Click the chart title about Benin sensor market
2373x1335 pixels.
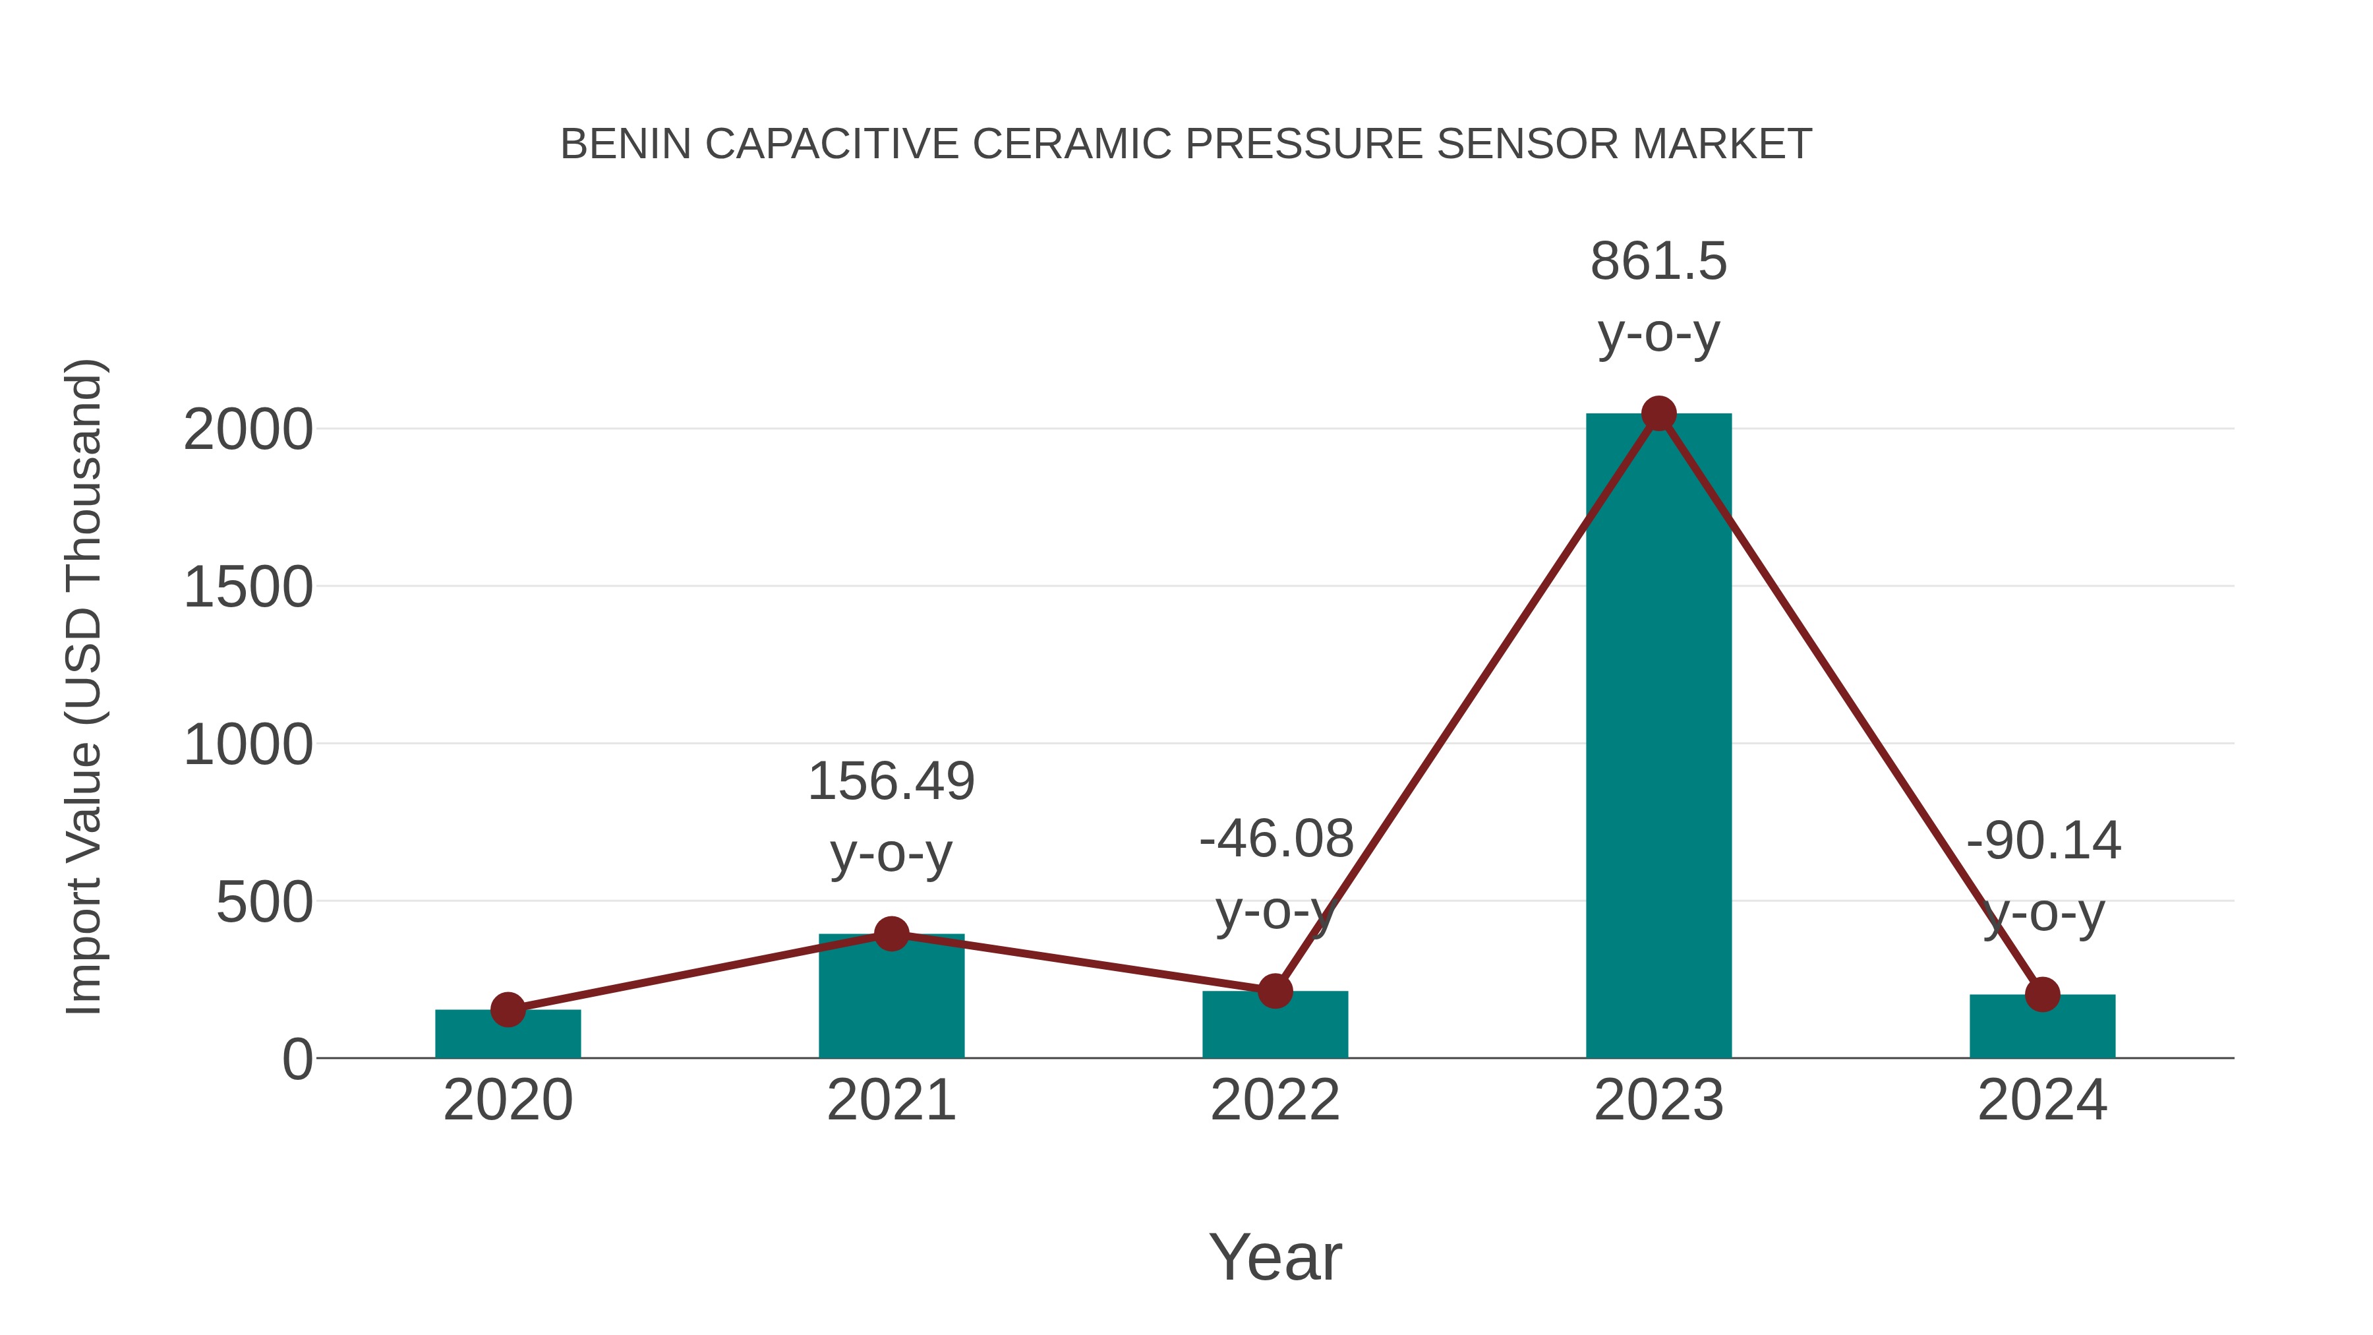(x=1186, y=144)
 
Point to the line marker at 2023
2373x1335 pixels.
(x=1658, y=413)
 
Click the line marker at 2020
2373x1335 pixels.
(x=508, y=1010)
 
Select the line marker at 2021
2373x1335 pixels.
(x=891, y=934)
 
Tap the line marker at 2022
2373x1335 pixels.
(x=1275, y=992)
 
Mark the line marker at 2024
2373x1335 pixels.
(x=2042, y=995)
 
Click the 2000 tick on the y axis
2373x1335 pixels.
(x=248, y=430)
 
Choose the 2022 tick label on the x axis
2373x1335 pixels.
(x=1275, y=1100)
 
